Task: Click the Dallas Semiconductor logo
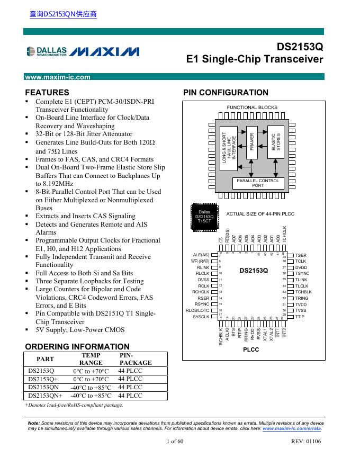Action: pyautogui.click(x=47, y=51)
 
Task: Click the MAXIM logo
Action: pyautogui.click(x=104, y=51)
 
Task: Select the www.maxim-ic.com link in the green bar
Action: pyautogui.click(x=58, y=77)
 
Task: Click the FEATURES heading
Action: pyautogui.click(x=47, y=92)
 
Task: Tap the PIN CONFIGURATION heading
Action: pyautogui.click(x=226, y=93)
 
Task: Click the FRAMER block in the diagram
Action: pyautogui.click(x=252, y=143)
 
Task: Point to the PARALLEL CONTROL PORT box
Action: pyautogui.click(x=258, y=183)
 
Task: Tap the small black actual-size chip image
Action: pyautogui.click(x=204, y=217)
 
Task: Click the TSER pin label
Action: pyautogui.click(x=301, y=255)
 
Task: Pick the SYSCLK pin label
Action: pyautogui.click(x=201, y=317)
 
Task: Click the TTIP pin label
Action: pyautogui.click(x=300, y=317)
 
